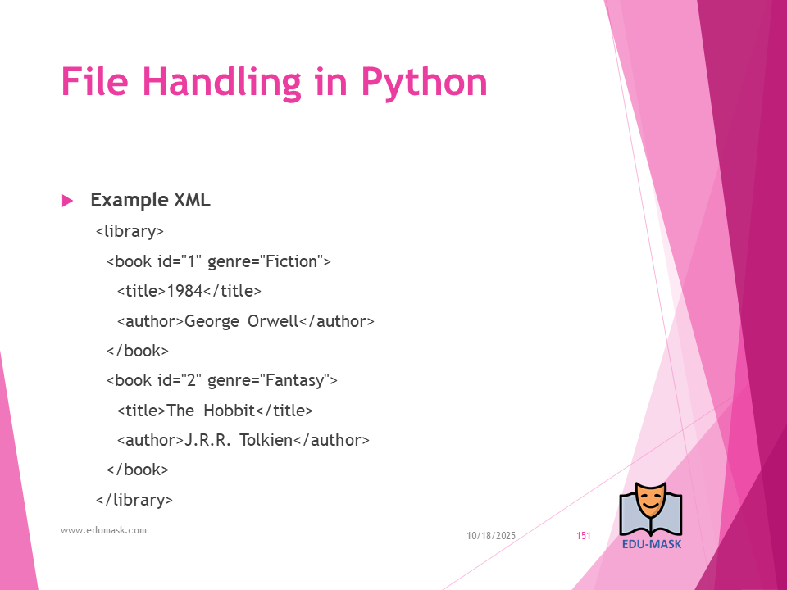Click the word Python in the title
click(424, 83)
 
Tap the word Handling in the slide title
click(221, 83)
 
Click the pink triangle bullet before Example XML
click(67, 202)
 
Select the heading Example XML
click(151, 200)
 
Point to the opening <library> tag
click(130, 232)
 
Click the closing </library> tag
click(134, 500)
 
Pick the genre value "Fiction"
click(292, 261)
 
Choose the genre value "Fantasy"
click(294, 380)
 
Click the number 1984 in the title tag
click(184, 291)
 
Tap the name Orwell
click(273, 321)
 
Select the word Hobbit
click(230, 411)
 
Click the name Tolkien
click(266, 440)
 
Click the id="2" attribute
click(180, 380)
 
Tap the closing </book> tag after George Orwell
click(138, 351)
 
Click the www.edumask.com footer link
click(104, 530)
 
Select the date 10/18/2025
click(491, 536)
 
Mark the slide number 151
click(584, 536)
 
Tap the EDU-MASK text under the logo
click(652, 544)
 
